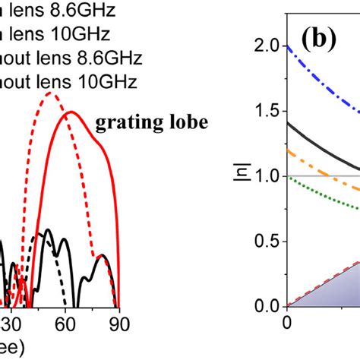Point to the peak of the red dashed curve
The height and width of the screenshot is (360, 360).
pos(50,93)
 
